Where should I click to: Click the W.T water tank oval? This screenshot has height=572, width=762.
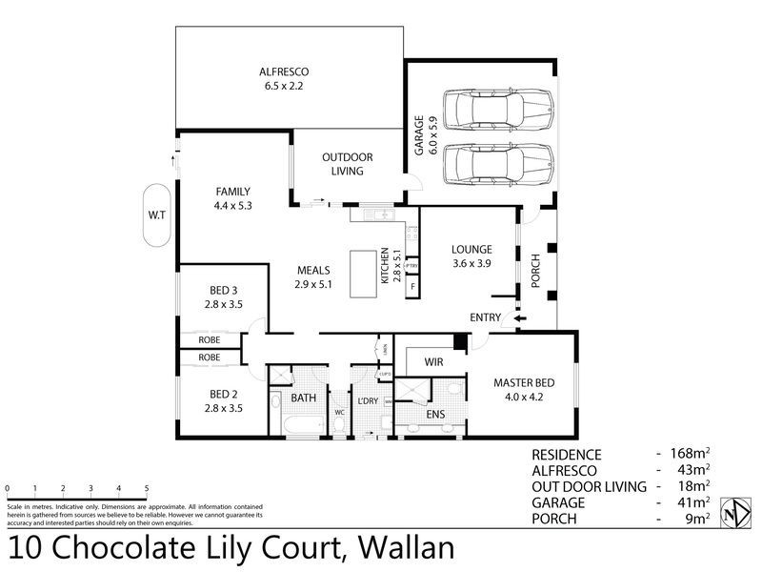156,214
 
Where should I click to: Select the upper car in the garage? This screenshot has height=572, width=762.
496,109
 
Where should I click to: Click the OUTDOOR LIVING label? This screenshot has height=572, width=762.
347,164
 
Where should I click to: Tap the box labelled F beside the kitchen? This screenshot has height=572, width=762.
413,287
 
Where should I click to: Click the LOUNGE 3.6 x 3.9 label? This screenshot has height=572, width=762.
470,257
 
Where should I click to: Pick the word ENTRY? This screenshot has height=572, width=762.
486,317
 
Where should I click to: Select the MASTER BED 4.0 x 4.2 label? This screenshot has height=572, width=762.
524,390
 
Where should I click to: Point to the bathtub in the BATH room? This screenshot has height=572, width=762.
297,423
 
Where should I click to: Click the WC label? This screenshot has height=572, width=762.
339,413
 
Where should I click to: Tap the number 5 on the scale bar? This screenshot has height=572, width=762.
147,487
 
